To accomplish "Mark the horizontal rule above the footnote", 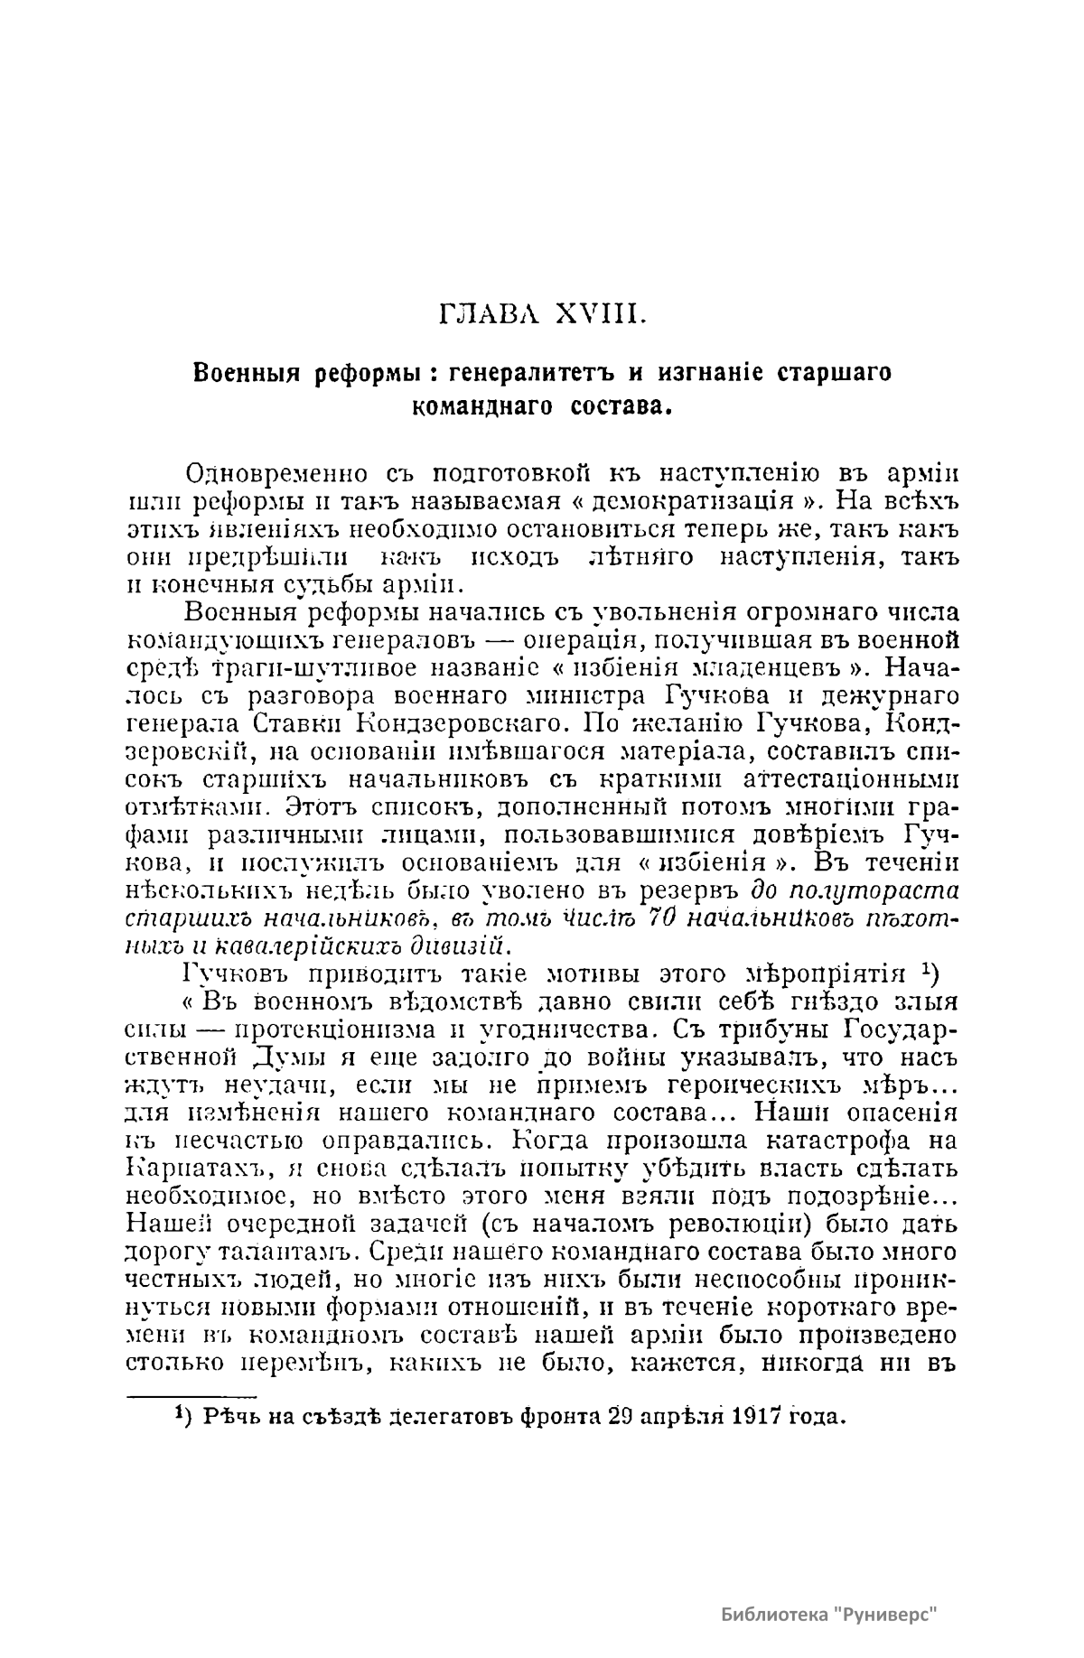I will [193, 1397].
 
